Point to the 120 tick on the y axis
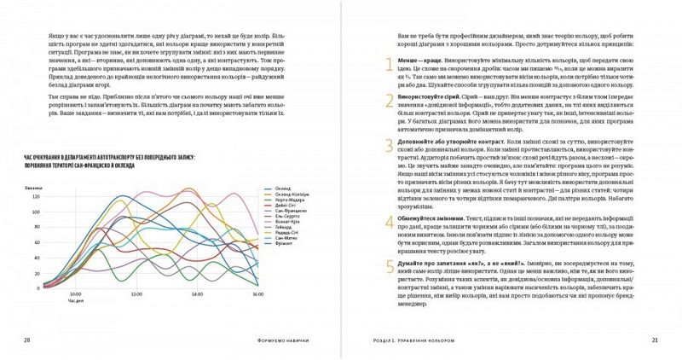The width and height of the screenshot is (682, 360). point(59,197)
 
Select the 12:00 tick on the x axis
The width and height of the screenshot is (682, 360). point(136,293)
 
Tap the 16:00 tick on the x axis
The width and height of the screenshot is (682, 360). point(257,293)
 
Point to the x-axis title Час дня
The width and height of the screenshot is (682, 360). point(77,299)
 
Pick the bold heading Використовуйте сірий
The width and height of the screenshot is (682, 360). point(431,98)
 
